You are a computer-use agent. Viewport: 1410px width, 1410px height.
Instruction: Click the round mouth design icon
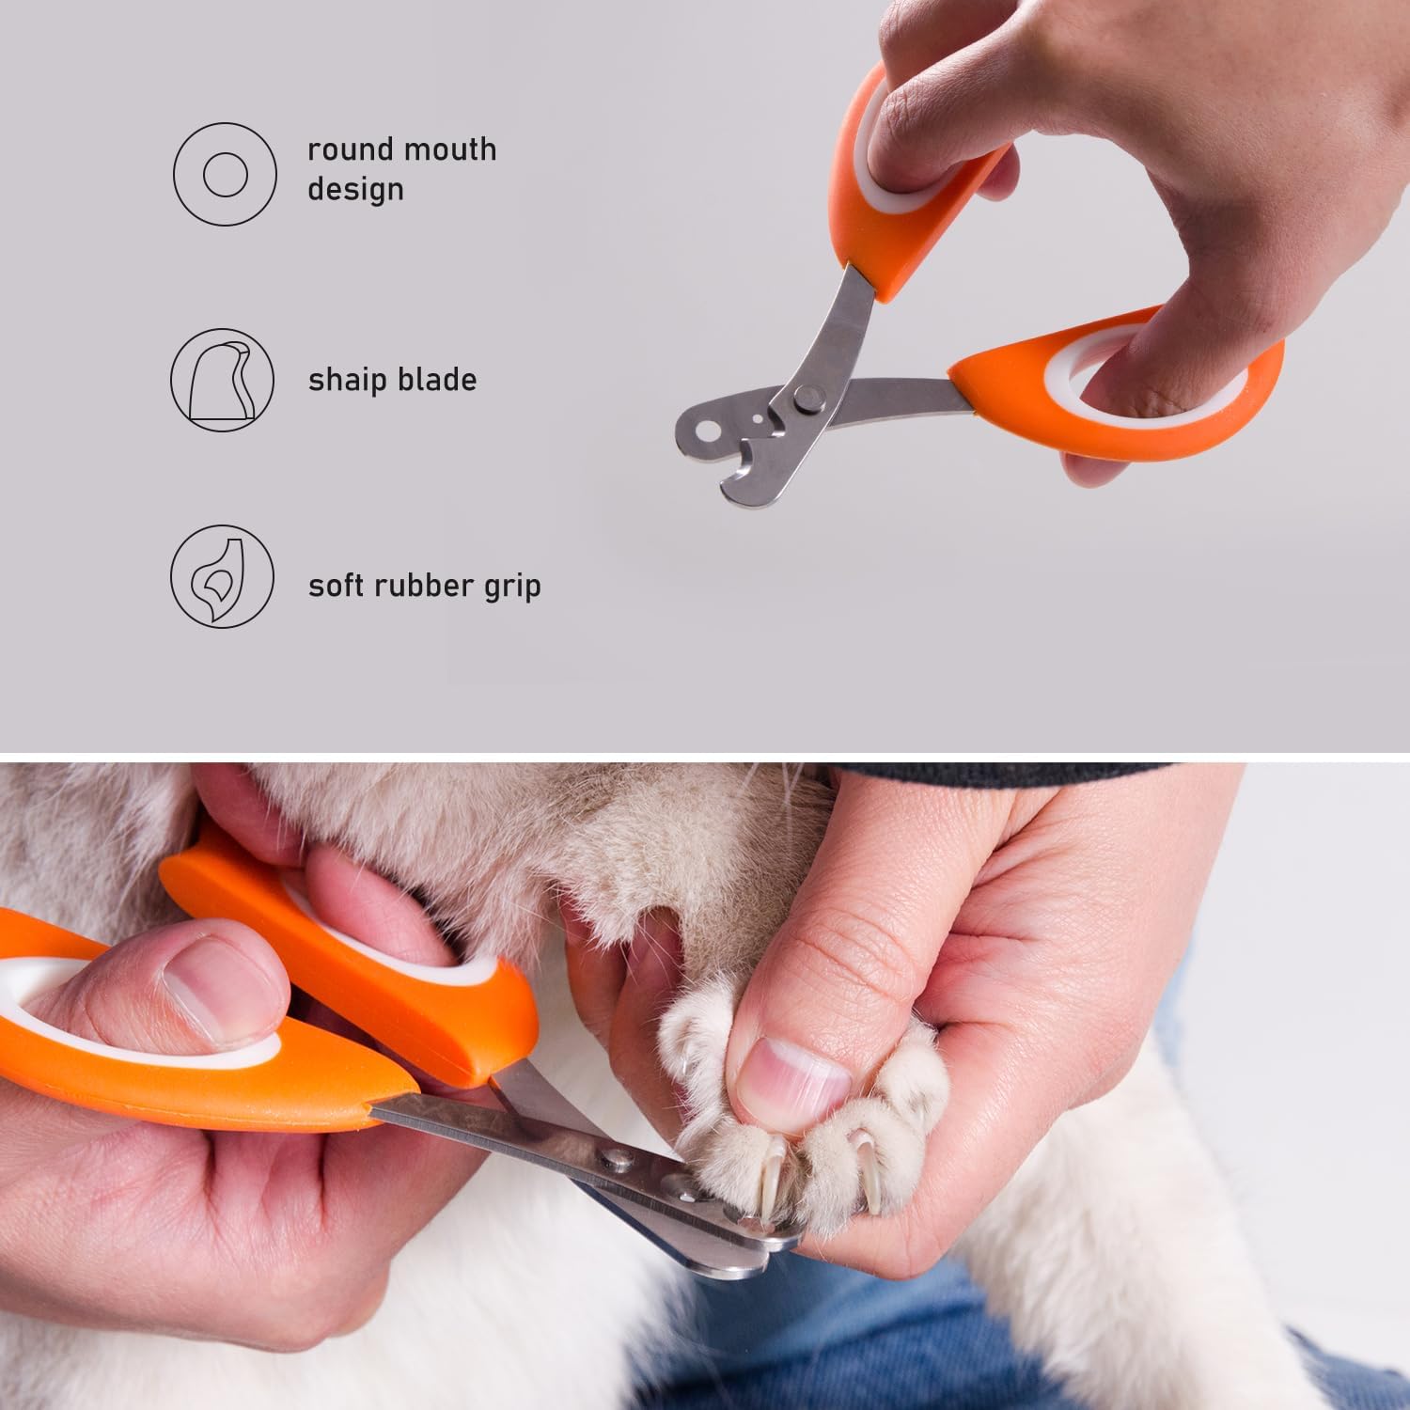(225, 174)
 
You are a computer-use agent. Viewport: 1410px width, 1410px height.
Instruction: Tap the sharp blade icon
(222, 380)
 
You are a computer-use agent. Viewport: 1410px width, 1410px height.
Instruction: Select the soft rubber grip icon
(222, 576)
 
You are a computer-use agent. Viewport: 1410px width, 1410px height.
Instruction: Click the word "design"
(355, 190)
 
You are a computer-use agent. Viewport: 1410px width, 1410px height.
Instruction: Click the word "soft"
(336, 586)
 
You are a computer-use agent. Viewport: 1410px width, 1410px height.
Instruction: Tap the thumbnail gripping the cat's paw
(794, 1074)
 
